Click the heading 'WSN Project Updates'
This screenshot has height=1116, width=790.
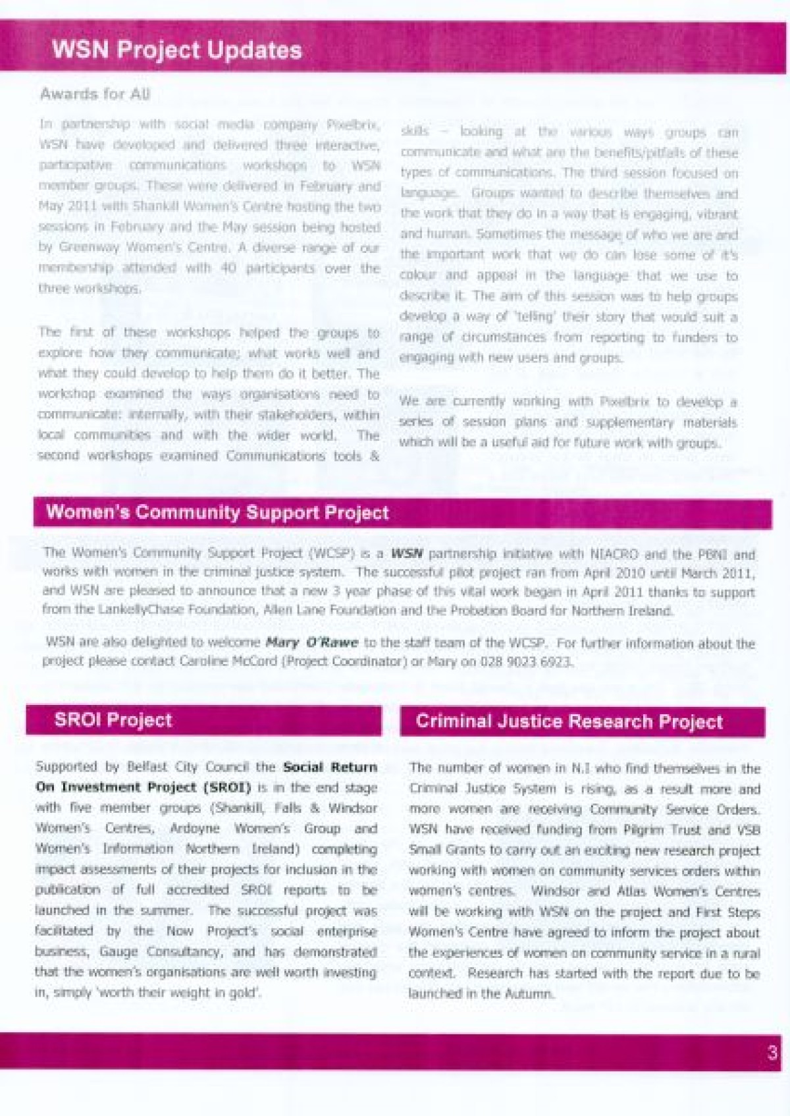pos(176,50)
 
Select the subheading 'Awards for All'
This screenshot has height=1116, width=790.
pos(95,94)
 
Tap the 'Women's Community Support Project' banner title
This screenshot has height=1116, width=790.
pos(217,513)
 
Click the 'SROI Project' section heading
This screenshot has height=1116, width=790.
pos(113,719)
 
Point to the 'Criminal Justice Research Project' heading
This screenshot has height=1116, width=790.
pos(569,721)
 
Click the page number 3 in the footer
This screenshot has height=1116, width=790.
pos(772,1052)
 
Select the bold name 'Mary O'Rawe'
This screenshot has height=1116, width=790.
pos(312,642)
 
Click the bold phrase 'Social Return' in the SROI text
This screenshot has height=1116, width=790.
pos(330,767)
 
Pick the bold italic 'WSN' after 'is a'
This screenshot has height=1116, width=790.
pos(407,553)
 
